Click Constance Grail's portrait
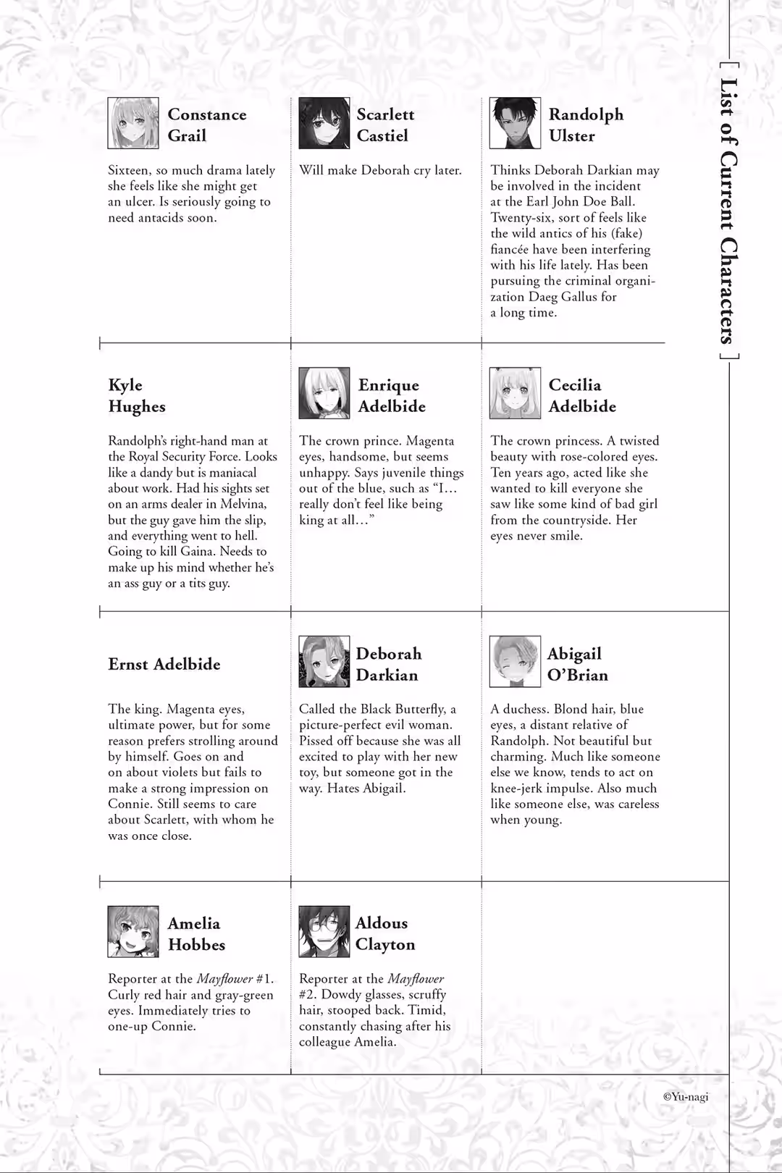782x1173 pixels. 133,123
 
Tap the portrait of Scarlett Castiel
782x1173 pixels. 324,123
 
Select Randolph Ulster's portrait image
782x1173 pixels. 515,123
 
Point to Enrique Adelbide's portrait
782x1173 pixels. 324,393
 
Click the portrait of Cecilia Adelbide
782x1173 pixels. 515,393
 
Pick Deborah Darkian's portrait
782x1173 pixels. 324,662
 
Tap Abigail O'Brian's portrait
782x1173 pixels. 515,662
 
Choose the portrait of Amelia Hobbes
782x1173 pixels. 133,931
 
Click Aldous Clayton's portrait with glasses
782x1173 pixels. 324,931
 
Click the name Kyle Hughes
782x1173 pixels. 137,395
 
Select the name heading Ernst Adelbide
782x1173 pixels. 164,664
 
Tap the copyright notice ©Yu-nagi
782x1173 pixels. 686,1096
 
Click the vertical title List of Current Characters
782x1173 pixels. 728,210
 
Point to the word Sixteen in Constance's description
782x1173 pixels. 130,171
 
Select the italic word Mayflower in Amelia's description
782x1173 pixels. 224,979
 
